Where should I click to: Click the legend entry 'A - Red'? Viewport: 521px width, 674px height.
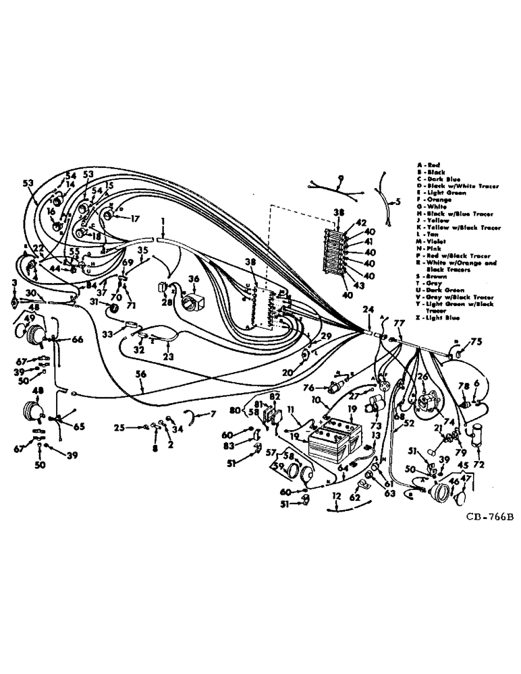432,164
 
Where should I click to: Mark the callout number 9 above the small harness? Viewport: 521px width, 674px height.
341,179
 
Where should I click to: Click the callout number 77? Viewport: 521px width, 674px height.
397,323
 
